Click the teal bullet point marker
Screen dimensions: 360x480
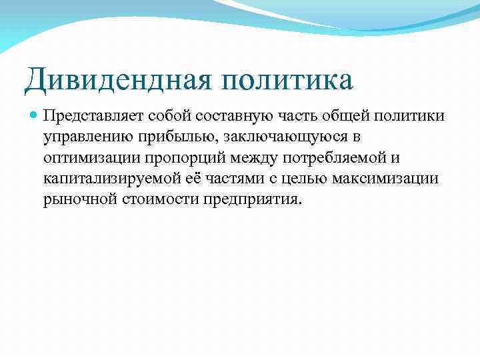click(33, 116)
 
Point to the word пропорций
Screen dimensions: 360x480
click(181, 157)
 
